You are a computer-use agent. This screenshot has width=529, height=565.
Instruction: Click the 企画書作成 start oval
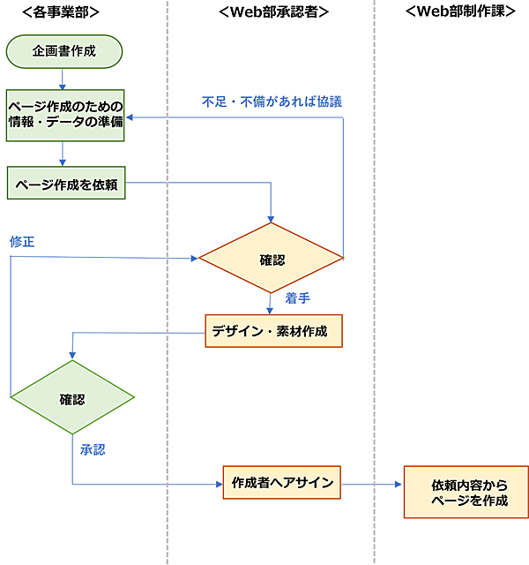tap(64, 51)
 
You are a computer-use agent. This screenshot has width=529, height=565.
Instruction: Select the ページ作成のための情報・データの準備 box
tap(64, 115)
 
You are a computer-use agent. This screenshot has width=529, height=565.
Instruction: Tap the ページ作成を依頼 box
tap(64, 184)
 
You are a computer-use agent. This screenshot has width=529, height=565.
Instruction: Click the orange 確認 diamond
tap(271, 259)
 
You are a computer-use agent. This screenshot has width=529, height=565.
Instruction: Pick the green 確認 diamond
tap(72, 398)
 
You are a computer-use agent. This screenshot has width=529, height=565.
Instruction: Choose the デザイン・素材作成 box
tap(273, 331)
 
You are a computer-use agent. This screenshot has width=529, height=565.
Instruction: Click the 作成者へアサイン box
tap(281, 483)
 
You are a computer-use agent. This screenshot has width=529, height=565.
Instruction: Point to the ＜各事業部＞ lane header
tap(60, 12)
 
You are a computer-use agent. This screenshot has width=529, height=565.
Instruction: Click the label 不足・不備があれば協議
tap(272, 101)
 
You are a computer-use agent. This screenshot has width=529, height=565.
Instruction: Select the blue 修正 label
tap(22, 241)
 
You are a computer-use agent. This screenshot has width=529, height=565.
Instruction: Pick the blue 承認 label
tap(93, 449)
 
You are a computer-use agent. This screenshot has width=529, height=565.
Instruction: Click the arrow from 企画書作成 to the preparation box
tap(63, 79)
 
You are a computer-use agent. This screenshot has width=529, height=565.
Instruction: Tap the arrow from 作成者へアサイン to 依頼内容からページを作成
tap(371, 484)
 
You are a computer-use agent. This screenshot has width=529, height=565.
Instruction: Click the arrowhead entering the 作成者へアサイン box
tap(218, 484)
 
